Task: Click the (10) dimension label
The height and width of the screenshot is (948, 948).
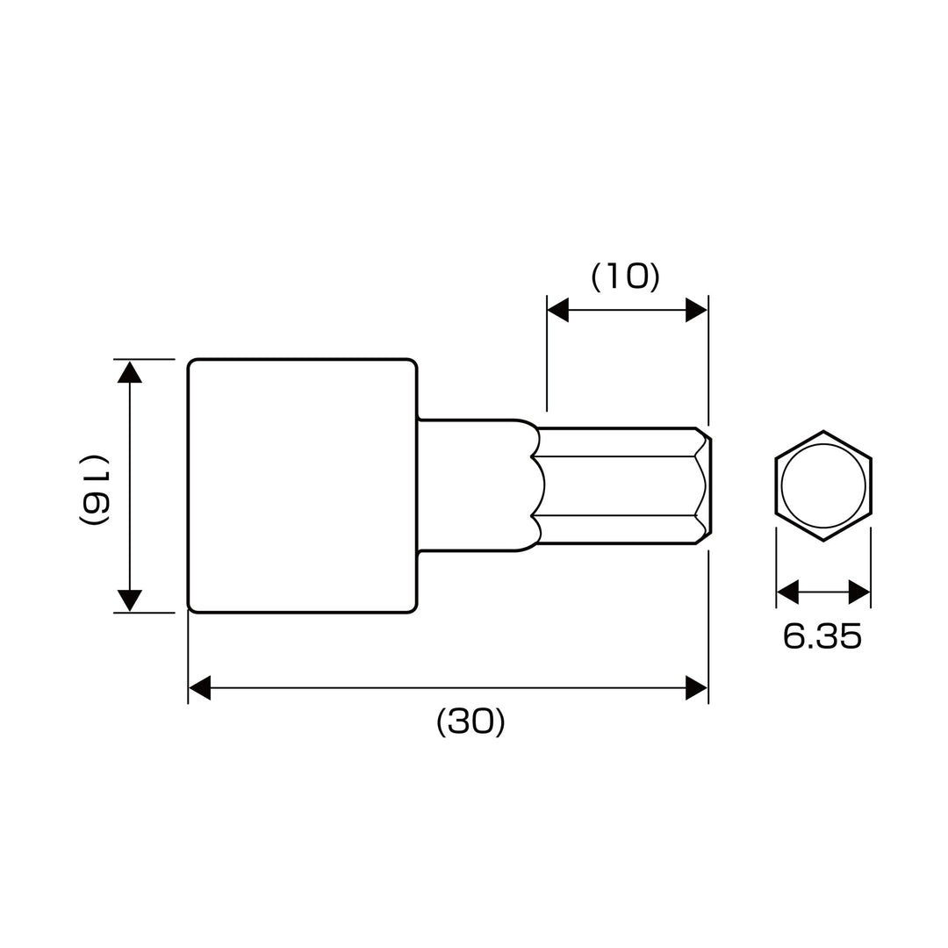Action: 625,276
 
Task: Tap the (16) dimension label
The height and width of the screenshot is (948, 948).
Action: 94,489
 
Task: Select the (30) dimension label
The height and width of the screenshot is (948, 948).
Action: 470,722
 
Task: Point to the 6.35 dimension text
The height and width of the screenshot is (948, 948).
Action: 822,636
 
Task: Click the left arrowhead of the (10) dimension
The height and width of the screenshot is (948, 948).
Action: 557,310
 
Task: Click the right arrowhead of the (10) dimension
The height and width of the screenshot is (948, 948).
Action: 696,310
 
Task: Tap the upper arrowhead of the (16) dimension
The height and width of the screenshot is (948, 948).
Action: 129,372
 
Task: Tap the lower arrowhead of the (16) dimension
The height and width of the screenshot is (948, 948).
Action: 129,601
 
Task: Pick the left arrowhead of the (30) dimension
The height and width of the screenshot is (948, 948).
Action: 199,688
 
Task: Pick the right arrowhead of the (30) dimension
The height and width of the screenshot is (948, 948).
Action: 696,688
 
